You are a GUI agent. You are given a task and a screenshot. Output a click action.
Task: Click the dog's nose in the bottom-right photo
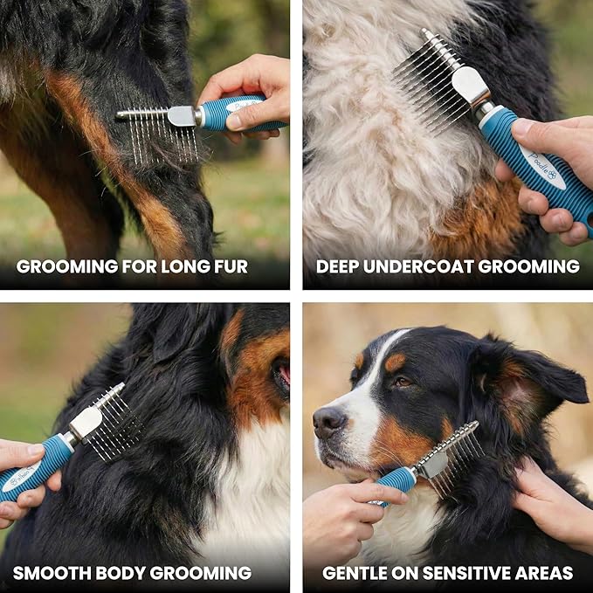pos(328,423)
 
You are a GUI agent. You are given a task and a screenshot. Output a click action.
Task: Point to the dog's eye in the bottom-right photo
pos(402,382)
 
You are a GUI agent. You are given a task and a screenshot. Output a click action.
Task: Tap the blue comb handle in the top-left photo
pos(240,113)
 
